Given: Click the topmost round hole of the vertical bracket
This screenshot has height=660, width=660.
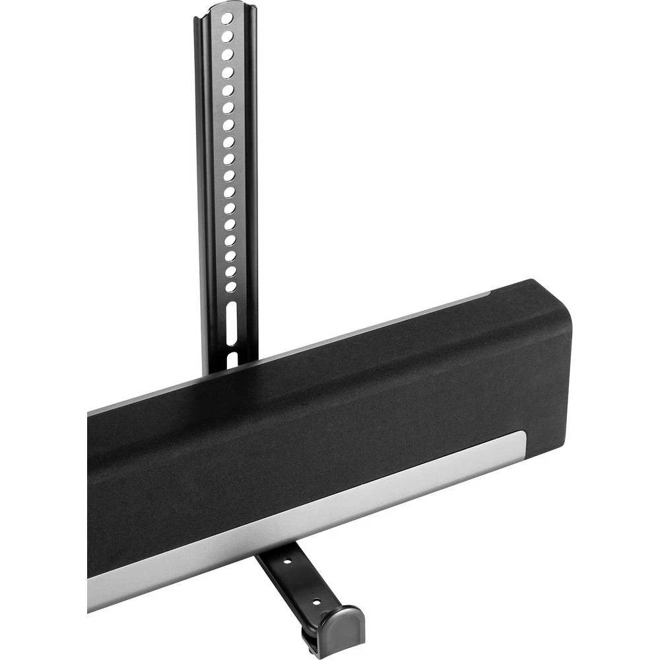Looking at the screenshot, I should point(227,17).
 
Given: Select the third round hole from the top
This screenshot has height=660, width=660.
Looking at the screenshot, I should point(227,53).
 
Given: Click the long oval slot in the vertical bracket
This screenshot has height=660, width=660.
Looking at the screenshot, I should point(232,323).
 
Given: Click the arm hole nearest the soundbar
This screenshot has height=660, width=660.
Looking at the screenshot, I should point(287,563).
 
